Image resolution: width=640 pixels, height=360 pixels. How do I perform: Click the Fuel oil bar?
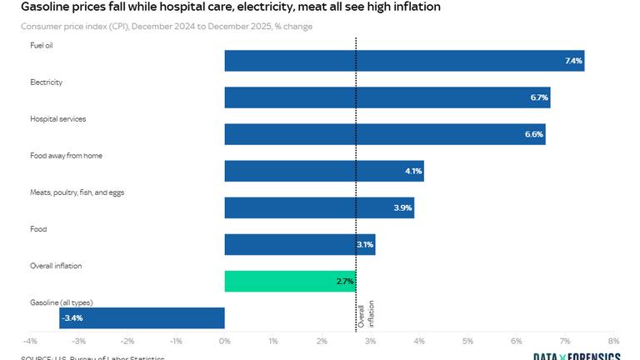click(404, 61)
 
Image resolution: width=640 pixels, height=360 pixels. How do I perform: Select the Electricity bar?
click(387, 97)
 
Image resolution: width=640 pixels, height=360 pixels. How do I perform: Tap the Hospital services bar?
click(385, 134)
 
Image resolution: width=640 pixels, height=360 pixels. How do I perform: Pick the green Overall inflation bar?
click(290, 281)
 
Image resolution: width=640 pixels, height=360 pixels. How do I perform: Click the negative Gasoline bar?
click(142, 317)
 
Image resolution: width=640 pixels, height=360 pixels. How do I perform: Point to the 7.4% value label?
click(573, 61)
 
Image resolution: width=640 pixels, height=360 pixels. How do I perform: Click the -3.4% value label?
click(72, 317)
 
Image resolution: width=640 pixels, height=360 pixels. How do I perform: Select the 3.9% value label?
click(402, 207)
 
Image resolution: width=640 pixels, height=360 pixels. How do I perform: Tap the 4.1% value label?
click(413, 171)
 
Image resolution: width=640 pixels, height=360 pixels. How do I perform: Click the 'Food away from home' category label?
click(66, 156)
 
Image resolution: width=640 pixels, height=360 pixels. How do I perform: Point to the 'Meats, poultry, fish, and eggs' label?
click(77, 192)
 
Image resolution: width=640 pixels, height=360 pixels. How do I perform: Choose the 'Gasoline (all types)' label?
click(61, 302)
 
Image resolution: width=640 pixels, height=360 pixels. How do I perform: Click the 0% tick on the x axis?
click(224, 342)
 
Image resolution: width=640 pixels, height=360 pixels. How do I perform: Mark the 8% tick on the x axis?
click(613, 342)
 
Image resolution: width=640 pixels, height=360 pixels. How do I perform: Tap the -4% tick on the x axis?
click(30, 342)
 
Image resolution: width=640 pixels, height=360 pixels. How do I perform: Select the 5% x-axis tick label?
click(467, 342)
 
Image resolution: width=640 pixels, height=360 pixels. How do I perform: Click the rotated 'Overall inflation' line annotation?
click(366, 315)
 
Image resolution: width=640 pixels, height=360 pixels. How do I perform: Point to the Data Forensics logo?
click(577, 357)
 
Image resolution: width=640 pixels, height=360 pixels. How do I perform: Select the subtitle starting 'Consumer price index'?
click(167, 27)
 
